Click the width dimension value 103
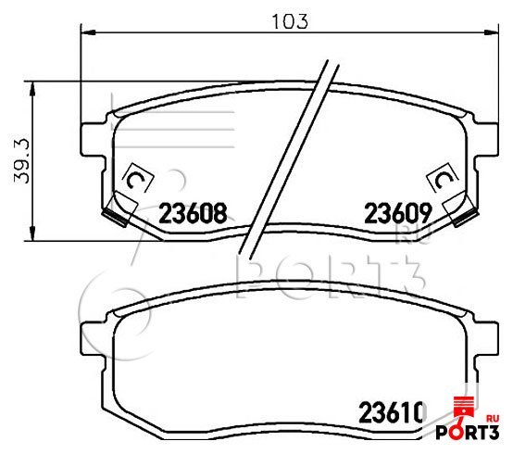pos(290,21)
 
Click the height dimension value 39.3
pos(22,160)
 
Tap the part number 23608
pos(193,213)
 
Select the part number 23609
pos(398,213)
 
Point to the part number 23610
pos(393,412)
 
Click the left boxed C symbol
pos(137,179)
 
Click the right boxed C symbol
pos(443,179)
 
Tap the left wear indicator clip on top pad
pos(119,210)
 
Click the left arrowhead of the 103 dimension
pos(88,32)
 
